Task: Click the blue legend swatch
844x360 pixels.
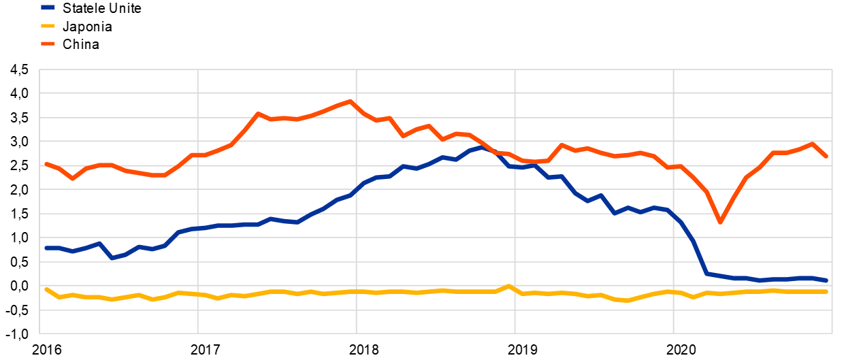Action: (x=48, y=7)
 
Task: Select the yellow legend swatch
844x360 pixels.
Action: (x=48, y=26)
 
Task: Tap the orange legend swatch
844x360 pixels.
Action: (x=48, y=44)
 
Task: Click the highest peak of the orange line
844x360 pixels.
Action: (x=351, y=101)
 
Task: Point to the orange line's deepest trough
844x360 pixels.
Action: (x=719, y=222)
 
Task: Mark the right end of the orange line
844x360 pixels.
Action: (x=826, y=156)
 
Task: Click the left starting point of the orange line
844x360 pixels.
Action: (x=46, y=163)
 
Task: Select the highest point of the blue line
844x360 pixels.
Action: (x=482, y=146)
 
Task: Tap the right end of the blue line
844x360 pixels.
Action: (x=826, y=280)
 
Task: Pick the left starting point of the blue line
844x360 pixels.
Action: (x=46, y=248)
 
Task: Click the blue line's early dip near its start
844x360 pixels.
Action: (x=112, y=258)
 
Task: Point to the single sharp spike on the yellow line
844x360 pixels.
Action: (x=508, y=287)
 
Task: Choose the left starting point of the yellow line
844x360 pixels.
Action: (x=46, y=289)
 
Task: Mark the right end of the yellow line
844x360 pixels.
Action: (x=826, y=291)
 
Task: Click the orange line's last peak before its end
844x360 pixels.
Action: (x=812, y=144)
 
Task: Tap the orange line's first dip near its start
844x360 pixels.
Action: (x=72, y=178)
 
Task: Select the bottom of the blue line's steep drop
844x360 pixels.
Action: (x=707, y=274)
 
